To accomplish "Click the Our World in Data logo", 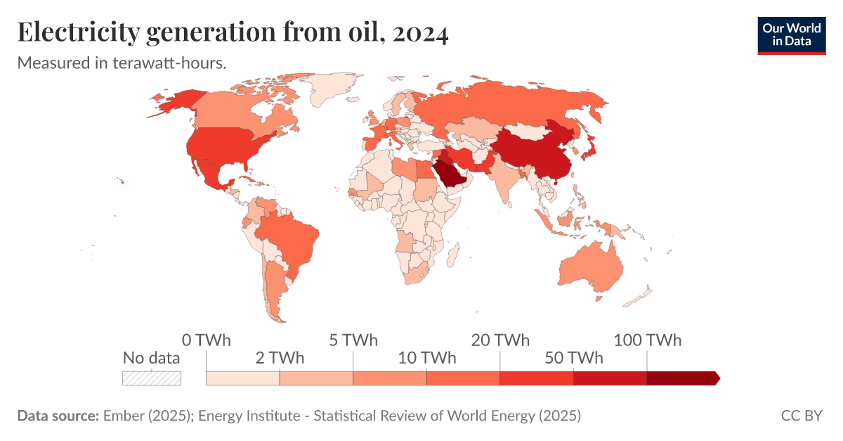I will click(x=791, y=34).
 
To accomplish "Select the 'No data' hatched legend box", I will click(x=152, y=378).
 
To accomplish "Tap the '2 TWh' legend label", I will click(x=279, y=358).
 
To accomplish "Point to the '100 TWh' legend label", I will click(x=647, y=340).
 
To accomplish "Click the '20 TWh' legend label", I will click(x=500, y=340).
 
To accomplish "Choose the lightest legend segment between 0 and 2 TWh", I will click(x=242, y=378).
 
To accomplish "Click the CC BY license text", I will click(x=801, y=416).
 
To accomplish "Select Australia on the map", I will click(x=592, y=267).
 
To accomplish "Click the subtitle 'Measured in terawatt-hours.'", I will click(x=121, y=63).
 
